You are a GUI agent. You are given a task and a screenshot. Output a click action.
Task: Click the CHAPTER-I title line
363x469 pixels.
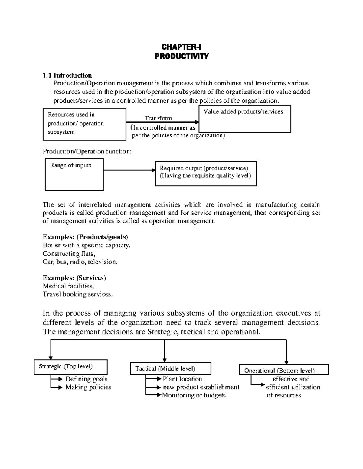coord(181,47)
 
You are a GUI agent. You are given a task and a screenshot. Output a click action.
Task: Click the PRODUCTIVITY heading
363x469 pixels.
coord(181,56)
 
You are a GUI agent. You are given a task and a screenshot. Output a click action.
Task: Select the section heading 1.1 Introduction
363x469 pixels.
coord(67,75)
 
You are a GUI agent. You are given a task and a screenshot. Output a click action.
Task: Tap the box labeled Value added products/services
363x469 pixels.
coord(244,119)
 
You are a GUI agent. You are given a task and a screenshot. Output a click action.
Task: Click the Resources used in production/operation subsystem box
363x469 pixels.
coord(84,124)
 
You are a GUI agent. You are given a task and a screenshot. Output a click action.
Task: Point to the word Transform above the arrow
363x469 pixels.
coord(158,118)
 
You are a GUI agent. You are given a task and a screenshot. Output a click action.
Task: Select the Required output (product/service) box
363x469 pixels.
coord(205,173)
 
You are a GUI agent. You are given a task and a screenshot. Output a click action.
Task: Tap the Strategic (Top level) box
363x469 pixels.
coord(70,367)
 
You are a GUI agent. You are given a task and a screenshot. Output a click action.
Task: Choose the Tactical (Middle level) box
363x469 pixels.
coord(170,369)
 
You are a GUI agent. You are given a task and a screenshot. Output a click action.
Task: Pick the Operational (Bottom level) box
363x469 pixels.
coord(283,370)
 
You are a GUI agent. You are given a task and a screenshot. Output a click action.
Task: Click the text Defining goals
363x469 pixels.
coord(86,379)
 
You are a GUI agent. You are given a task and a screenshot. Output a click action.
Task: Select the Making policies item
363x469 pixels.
coord(88,387)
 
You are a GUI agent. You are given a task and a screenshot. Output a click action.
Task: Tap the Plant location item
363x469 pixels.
coord(182,379)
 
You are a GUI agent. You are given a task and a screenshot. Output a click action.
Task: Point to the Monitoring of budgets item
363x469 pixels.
coord(194,395)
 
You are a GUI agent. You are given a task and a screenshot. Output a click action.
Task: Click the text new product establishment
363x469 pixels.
coord(201,387)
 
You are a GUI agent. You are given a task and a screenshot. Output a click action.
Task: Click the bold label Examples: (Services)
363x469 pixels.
coord(74,278)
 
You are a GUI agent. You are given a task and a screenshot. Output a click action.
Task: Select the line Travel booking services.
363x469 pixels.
coord(77,294)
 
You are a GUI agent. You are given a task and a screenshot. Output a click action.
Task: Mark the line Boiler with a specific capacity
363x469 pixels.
coord(87,245)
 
